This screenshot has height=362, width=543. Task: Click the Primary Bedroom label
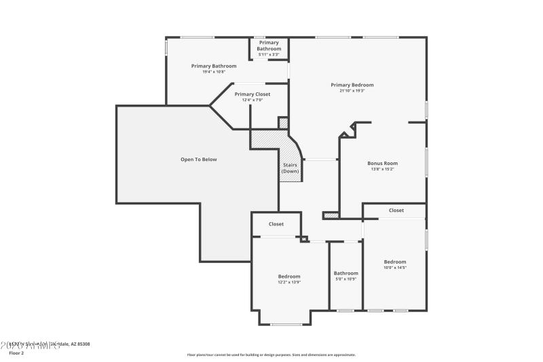(352, 85)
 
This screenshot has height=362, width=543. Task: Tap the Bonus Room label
(382, 163)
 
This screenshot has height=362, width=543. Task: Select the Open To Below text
(198, 159)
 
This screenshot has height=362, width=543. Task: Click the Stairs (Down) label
(290, 168)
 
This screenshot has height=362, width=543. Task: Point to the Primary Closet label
(252, 94)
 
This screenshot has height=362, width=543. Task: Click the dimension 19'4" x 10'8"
(214, 71)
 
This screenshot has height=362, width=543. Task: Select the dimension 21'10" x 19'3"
(352, 90)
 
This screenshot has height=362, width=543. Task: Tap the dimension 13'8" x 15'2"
(382, 168)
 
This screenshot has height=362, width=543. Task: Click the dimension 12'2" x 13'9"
(289, 282)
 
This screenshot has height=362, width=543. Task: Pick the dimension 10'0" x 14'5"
(395, 268)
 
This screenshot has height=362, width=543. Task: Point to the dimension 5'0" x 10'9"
(345, 279)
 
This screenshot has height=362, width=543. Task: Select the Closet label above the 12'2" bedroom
(276, 223)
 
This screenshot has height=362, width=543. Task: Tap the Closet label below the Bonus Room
(396, 211)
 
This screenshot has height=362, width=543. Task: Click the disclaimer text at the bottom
(271, 355)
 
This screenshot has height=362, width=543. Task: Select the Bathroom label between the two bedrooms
(345, 273)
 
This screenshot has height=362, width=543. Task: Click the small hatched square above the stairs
(284, 123)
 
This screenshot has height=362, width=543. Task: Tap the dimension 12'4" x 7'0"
(252, 100)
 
